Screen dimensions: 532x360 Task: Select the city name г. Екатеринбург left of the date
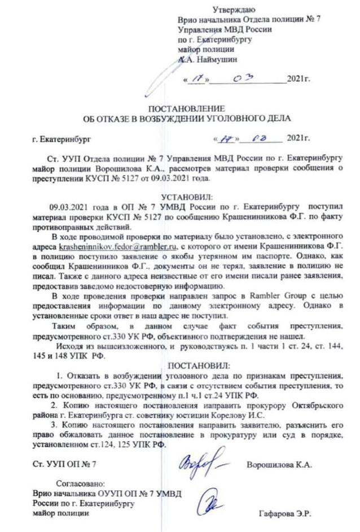[x=61, y=138]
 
